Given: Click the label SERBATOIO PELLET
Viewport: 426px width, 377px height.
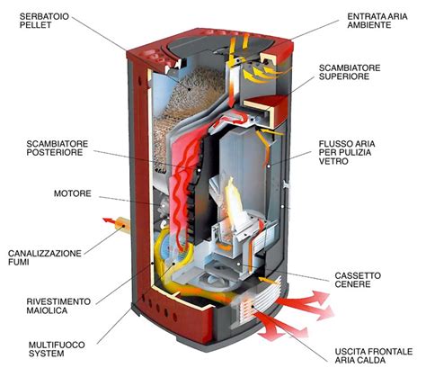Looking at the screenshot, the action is pos(44,21).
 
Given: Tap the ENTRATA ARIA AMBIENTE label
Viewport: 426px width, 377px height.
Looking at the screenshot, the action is pos(377,21).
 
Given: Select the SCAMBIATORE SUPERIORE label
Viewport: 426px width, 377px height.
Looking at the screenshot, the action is pos(350,72).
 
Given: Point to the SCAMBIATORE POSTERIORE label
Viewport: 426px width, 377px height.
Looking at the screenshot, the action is pos(58,148).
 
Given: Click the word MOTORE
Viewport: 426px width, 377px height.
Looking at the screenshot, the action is pos(73,193).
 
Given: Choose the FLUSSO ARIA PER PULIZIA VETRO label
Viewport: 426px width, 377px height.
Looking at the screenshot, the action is pos(347,152).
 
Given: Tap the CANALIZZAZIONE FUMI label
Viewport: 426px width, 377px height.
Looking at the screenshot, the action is pos(45,257).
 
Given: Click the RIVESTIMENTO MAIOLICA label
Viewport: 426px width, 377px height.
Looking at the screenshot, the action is pos(58,306).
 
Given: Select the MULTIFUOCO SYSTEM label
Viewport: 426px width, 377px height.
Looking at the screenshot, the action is pos(57,349).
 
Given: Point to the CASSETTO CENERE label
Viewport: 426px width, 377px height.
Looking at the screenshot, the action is pos(358,280).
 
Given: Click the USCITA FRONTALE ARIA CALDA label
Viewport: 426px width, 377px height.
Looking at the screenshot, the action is pos(374,355).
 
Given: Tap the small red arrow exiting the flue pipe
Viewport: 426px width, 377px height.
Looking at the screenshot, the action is pos(109,221).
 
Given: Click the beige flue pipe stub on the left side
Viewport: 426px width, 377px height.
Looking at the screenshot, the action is pos(122,224).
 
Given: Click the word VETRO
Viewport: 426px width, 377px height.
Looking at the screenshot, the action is pos(329,161).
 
